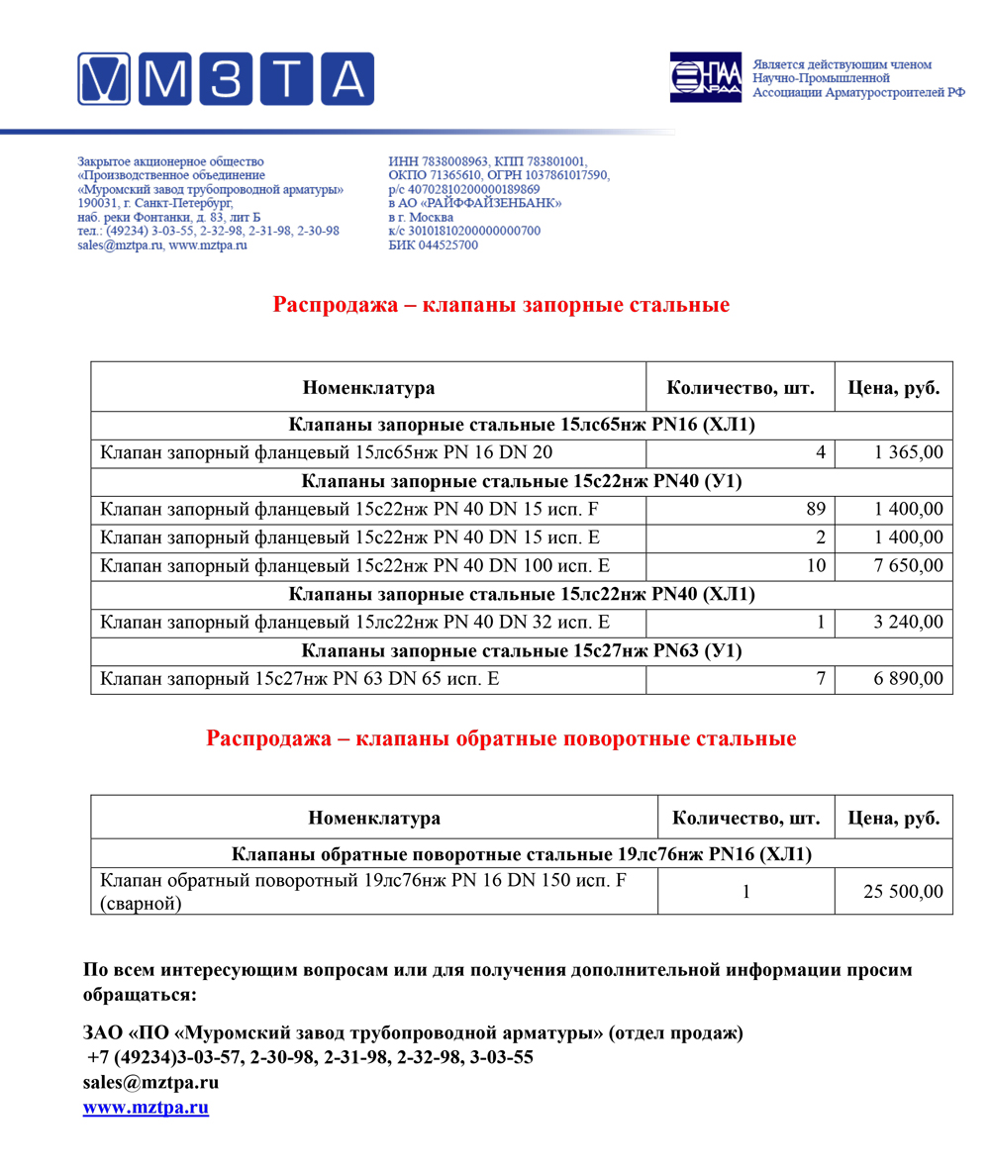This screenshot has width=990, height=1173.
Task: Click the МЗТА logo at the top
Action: tap(226, 79)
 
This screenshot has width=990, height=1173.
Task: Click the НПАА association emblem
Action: tap(705, 77)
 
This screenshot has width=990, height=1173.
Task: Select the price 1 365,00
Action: tap(909, 453)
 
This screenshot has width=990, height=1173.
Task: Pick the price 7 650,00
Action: tap(909, 566)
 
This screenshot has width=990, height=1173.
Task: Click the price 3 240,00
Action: tap(909, 623)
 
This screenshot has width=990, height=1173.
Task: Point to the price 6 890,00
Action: tap(909, 679)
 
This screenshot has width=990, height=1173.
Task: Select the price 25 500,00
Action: tap(903, 892)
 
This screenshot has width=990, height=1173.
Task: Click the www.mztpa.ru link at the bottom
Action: tap(146, 1108)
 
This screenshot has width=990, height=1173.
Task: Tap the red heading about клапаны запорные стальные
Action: tap(501, 305)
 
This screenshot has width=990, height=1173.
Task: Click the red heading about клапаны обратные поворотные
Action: tap(501, 738)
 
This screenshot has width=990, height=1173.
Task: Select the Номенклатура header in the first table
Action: tap(368, 388)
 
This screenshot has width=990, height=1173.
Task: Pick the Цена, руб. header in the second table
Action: tap(894, 819)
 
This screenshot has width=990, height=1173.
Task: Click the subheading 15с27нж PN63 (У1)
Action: tap(522, 651)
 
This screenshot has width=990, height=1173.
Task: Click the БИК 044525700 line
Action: tap(434, 245)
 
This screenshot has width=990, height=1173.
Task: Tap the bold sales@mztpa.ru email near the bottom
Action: tap(150, 1082)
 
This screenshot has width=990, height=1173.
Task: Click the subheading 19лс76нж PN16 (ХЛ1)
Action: tap(522, 854)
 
